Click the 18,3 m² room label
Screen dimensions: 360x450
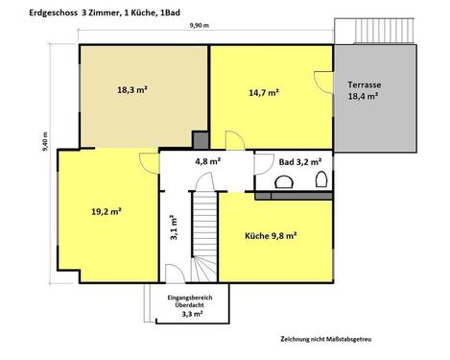(132, 90)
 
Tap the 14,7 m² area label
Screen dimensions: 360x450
(264, 93)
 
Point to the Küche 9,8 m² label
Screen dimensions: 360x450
(271, 233)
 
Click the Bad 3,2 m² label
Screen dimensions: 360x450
(300, 162)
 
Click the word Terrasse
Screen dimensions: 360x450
(366, 84)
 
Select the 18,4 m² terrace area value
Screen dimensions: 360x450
(366, 98)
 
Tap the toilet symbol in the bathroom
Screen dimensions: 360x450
(321, 180)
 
